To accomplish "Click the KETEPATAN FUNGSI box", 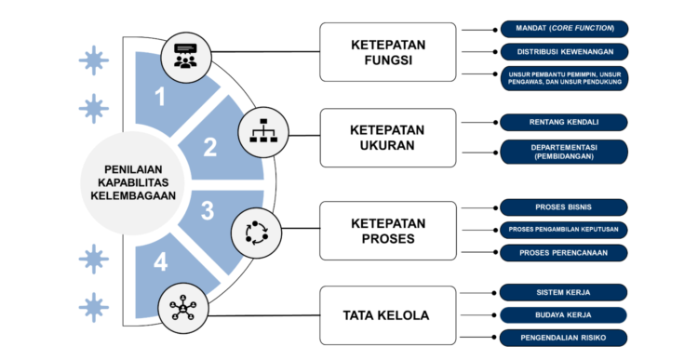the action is click(x=388, y=52).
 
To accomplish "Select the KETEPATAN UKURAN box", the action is click(x=388, y=138).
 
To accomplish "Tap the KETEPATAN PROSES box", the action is click(x=388, y=231).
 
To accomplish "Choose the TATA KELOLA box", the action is click(x=388, y=315).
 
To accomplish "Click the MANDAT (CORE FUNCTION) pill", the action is click(x=565, y=29).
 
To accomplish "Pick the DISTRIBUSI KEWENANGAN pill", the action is click(x=565, y=51).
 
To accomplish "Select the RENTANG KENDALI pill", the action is click(x=564, y=123).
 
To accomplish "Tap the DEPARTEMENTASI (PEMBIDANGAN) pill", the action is click(x=564, y=152).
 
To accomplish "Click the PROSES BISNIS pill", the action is click(x=564, y=207).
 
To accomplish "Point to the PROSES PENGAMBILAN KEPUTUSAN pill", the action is click(x=564, y=230).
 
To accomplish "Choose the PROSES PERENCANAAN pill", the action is click(x=564, y=253).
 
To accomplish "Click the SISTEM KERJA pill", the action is click(x=563, y=293).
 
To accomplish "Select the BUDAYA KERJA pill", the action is click(x=563, y=315).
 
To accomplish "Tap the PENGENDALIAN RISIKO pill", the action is click(x=563, y=338).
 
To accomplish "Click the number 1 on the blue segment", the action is click(x=160, y=97).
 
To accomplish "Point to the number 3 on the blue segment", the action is click(x=208, y=210).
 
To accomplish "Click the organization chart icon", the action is click(x=263, y=132).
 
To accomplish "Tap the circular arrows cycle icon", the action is click(x=257, y=233).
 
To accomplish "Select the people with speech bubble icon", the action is click(x=185, y=57).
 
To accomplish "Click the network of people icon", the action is click(x=183, y=308).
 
